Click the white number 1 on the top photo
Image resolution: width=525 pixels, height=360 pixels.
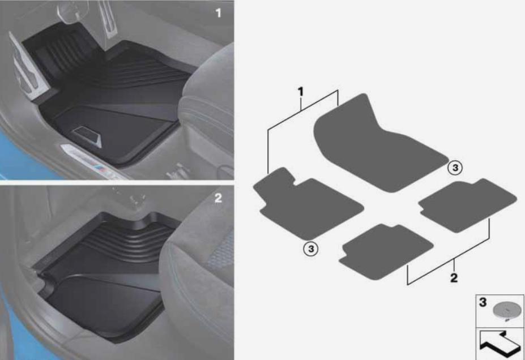[218, 13]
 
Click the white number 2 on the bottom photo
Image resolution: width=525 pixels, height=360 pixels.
[218, 198]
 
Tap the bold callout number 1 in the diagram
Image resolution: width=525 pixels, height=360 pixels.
[300, 92]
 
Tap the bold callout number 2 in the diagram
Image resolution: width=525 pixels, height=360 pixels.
[454, 278]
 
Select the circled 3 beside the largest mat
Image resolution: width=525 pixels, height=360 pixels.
[455, 168]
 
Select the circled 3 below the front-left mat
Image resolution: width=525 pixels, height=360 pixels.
[311, 249]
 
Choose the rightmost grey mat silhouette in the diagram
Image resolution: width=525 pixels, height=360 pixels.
[467, 206]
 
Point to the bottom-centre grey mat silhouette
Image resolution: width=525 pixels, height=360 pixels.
[386, 251]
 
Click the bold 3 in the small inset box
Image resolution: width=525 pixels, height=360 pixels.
[483, 302]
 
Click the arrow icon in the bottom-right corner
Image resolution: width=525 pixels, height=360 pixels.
[499, 344]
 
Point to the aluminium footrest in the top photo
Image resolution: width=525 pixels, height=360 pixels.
[28, 67]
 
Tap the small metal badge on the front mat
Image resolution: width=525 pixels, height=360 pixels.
[87, 136]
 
